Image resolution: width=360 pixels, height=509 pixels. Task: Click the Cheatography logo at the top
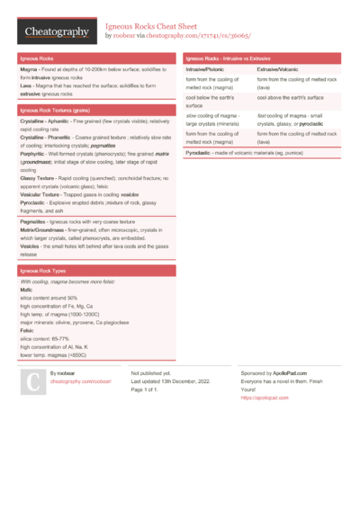[x=56, y=31]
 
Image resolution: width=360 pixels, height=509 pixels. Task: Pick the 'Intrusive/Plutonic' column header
[x=205, y=68]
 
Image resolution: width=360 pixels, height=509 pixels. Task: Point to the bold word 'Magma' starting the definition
[x=29, y=68]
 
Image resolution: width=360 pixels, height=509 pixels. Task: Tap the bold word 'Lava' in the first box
[x=26, y=85]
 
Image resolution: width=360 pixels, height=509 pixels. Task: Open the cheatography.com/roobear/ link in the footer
[x=81, y=381]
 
